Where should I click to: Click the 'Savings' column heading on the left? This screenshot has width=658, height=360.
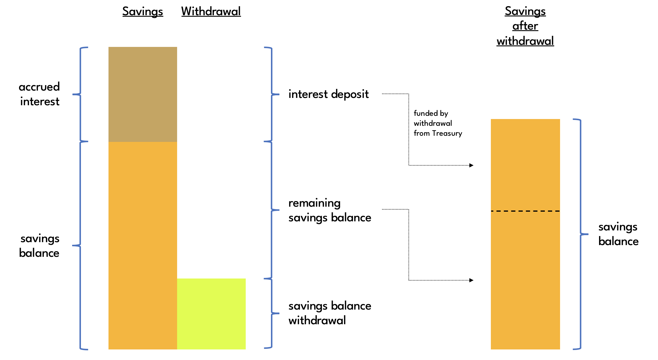click(x=143, y=12)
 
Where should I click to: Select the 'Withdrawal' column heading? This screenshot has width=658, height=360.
click(x=211, y=12)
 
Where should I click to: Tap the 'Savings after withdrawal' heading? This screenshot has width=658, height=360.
click(x=525, y=26)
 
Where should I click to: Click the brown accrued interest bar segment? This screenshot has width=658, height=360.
click(x=143, y=94)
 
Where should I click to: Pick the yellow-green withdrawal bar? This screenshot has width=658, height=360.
click(x=211, y=314)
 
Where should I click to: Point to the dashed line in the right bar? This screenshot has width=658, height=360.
click(x=525, y=211)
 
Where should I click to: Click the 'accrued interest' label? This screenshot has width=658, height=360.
click(x=40, y=94)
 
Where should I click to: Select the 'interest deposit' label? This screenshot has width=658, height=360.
click(x=328, y=94)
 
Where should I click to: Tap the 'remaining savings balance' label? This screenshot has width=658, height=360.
click(x=330, y=210)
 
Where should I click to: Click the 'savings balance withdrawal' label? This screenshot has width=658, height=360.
click(x=330, y=313)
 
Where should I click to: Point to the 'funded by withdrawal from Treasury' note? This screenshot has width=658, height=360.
click(x=437, y=123)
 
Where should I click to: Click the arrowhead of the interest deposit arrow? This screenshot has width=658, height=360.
click(x=471, y=165)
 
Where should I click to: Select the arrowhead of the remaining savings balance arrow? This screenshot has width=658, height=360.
click(x=471, y=280)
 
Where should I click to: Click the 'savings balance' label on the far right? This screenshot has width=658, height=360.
click(x=618, y=234)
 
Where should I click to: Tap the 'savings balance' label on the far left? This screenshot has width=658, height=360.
click(x=40, y=246)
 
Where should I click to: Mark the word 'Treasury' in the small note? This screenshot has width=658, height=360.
click(x=447, y=133)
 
